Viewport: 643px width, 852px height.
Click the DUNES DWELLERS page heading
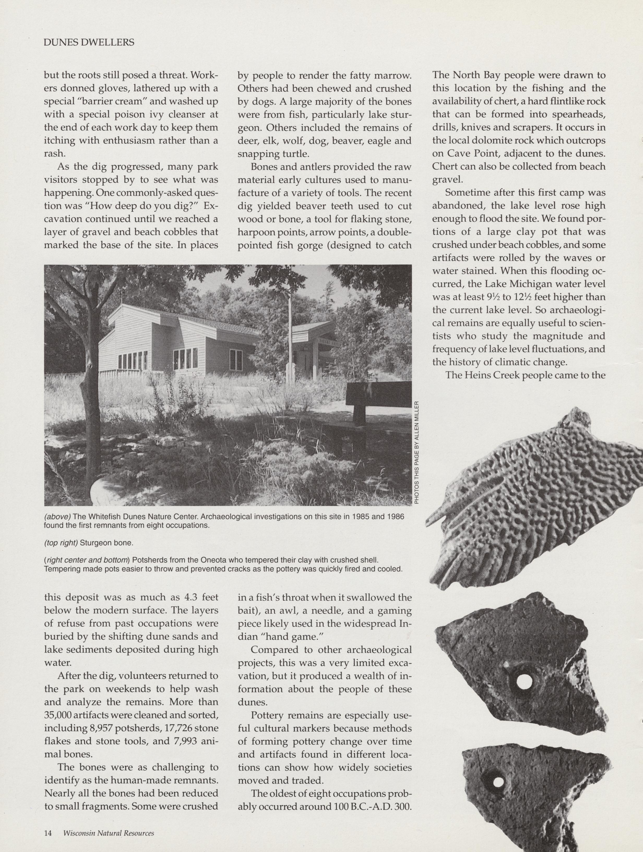point(89,42)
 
